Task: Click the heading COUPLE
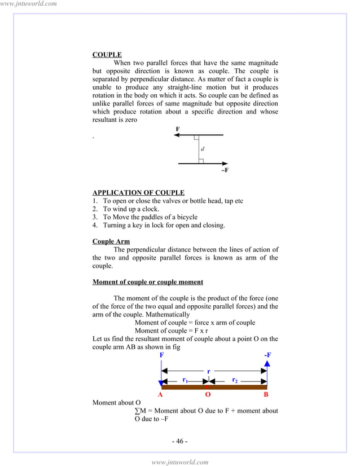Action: pyautogui.click(x=107, y=55)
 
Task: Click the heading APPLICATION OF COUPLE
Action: pyautogui.click(x=138, y=193)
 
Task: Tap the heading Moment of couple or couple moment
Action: pyautogui.click(x=147, y=282)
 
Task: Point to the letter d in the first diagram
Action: pyautogui.click(x=203, y=149)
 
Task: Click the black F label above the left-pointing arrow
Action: pyautogui.click(x=178, y=129)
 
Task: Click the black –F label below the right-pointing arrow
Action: pyautogui.click(x=225, y=170)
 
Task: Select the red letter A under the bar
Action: pyautogui.click(x=160, y=395)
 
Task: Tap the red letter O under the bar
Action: pyautogui.click(x=208, y=395)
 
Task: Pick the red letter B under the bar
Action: pyautogui.click(x=266, y=395)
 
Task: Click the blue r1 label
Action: pyautogui.click(x=185, y=380)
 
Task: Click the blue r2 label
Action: pyautogui.click(x=235, y=380)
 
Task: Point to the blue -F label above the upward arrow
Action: pyautogui.click(x=267, y=355)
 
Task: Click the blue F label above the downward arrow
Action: pyautogui.click(x=162, y=355)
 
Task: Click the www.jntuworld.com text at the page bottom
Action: pyautogui.click(x=180, y=461)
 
